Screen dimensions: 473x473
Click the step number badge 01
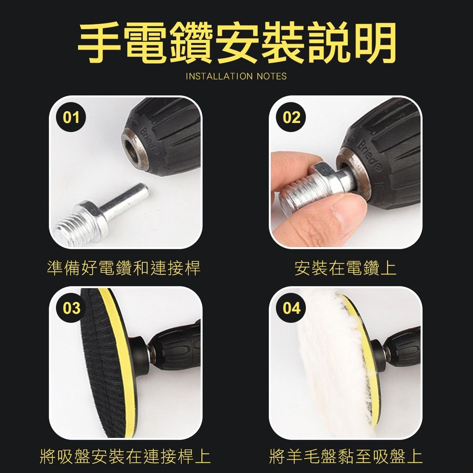click(71, 117)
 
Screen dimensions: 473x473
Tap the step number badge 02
click(291, 117)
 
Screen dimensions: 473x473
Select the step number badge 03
click(71, 308)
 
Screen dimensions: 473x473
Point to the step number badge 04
click(291, 308)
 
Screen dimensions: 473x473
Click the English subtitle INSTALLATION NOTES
click(236, 76)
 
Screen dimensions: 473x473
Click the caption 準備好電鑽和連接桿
click(124, 268)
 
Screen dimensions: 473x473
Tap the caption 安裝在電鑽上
click(346, 268)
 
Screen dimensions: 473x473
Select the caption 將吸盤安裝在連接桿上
click(125, 456)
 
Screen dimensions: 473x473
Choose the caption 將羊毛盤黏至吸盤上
click(346, 456)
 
